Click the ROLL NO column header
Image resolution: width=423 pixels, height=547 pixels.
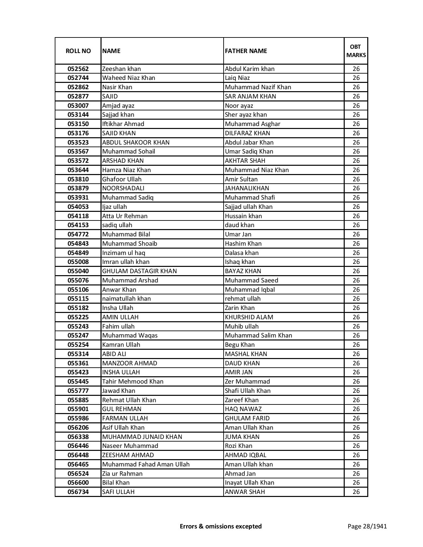coord(78,51)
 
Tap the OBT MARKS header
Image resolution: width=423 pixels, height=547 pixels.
coord(356,51)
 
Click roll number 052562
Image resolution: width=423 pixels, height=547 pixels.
coord(78,69)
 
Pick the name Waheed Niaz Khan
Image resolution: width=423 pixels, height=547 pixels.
coord(129,78)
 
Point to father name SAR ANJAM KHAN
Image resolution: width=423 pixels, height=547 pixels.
coord(250,96)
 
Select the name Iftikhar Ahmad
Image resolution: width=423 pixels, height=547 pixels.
coord(123,124)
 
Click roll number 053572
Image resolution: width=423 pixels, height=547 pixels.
coord(78,161)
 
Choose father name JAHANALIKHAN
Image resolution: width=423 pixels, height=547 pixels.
coord(247,188)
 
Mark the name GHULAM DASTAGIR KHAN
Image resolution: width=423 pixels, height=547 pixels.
coord(139,271)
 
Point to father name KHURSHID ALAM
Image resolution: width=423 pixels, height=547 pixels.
coord(249,317)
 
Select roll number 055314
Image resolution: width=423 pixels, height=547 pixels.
coord(78,354)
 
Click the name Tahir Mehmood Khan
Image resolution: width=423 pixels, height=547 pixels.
coord(133,382)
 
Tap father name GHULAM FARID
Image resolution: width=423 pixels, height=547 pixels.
coord(247,418)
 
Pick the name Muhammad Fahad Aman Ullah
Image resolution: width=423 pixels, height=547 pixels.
coord(146,464)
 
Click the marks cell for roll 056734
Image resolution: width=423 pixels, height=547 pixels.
coord(356,492)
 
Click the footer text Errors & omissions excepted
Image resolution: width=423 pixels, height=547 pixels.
coord(221,526)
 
